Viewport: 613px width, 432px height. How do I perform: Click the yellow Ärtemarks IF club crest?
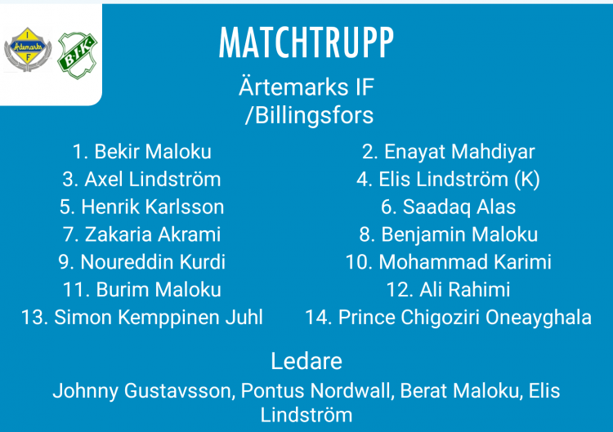pos(28,49)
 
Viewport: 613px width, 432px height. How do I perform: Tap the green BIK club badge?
pos(78,56)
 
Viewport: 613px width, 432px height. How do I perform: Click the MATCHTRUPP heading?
pos(306,42)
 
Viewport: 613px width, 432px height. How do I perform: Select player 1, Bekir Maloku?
pos(142,152)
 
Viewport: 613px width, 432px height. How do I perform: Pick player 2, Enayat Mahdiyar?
pos(449,152)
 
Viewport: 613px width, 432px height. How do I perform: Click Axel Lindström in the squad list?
pos(141,180)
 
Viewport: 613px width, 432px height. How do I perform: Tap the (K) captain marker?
pos(527,180)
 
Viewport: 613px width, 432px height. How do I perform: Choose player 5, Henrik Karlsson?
pos(141,207)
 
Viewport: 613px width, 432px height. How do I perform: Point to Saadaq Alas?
pos(449,207)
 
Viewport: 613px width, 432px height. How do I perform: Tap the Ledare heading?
pos(306,361)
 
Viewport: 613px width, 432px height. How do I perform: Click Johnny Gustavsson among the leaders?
pos(144,391)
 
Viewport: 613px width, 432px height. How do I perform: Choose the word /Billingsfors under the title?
pos(309,116)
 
